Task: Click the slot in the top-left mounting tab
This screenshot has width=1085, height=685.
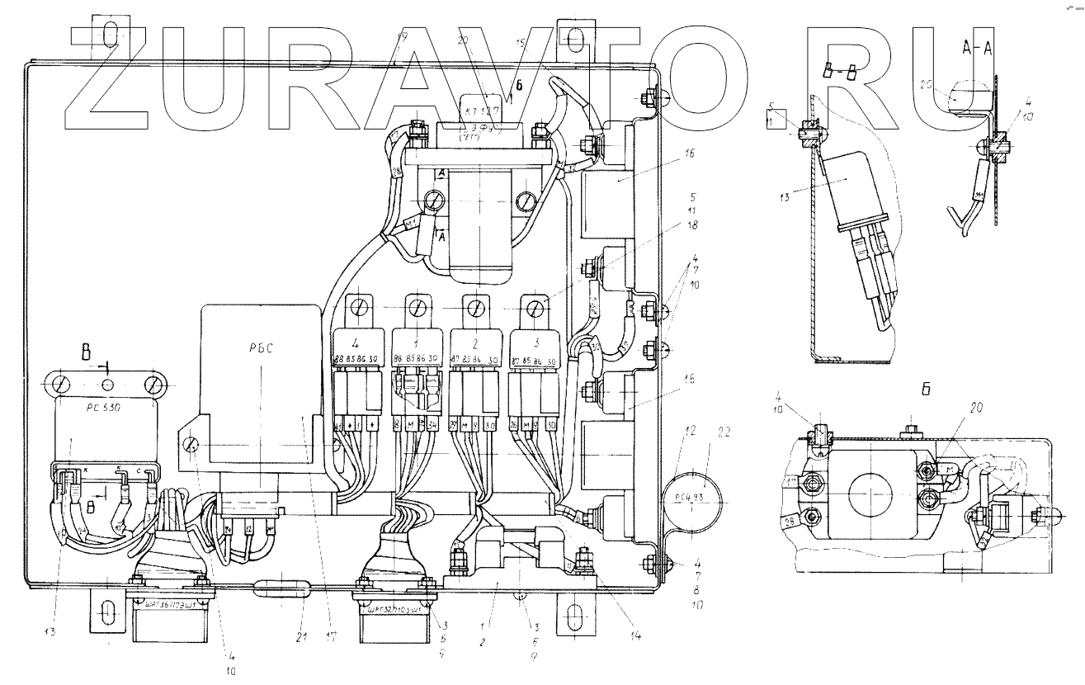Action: pos(111,35)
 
